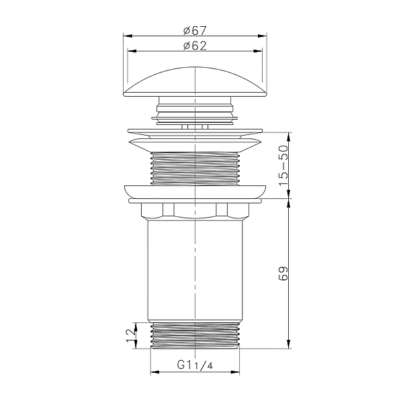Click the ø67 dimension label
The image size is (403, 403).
coord(195,31)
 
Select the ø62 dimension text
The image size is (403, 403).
coord(195,46)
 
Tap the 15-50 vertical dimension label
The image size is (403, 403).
coord(283,165)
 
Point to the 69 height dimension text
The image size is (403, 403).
coord(283,274)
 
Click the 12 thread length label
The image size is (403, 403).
coord(131,335)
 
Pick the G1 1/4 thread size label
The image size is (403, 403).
coord(195,365)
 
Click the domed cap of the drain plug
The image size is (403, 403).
coord(195,82)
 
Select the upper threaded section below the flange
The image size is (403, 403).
coord(195,169)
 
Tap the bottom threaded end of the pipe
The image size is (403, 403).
coord(195,336)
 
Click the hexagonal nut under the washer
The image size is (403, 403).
coord(195,211)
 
